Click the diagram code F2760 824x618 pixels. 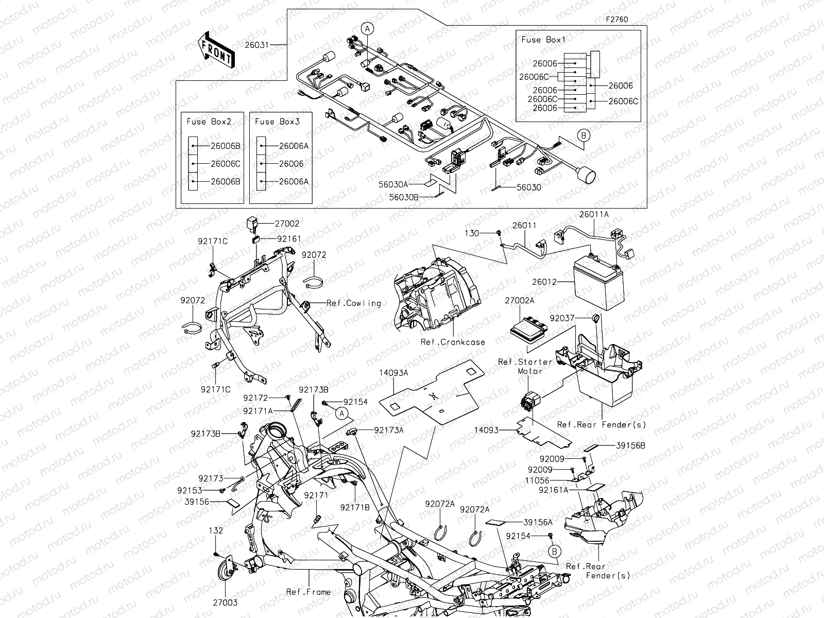[616, 20]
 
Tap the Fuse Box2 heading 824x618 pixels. [209, 122]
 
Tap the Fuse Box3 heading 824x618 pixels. [277, 122]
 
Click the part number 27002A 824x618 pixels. [520, 300]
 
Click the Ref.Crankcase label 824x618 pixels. [453, 342]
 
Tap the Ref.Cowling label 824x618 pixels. [353, 303]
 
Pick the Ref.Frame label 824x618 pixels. [308, 592]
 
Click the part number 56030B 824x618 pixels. [404, 197]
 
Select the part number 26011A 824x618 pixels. [594, 214]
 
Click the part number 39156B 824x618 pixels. [630, 446]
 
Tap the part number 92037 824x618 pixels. [562, 318]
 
